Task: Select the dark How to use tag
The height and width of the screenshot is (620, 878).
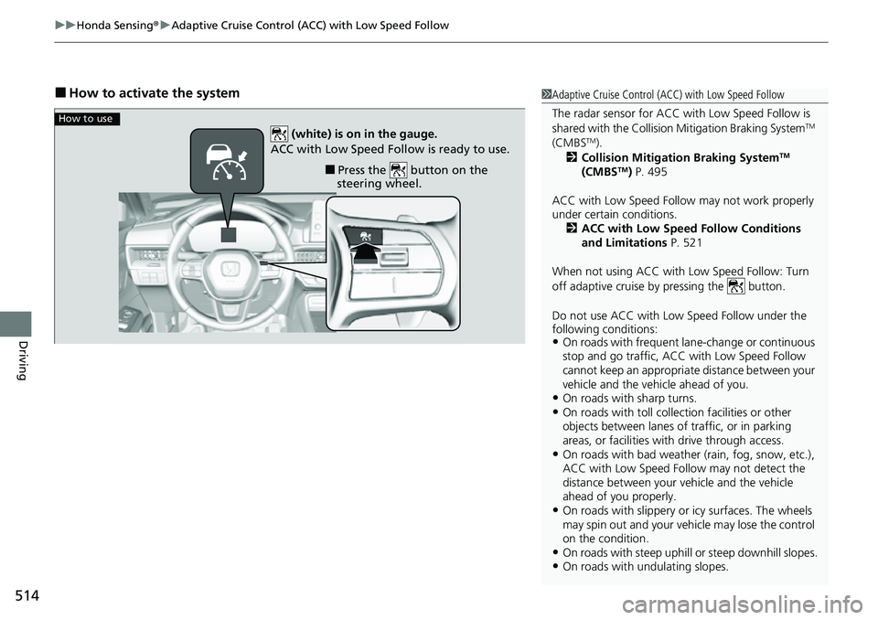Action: pos(86,119)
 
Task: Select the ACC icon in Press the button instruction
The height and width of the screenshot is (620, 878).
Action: pos(397,170)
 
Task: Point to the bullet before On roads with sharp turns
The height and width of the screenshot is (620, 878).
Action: pos(556,399)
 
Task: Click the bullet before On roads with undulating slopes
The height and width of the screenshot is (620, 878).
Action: pos(556,566)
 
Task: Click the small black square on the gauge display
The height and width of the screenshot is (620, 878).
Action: pos(228,234)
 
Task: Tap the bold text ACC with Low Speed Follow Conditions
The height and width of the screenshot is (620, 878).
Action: pos(691,229)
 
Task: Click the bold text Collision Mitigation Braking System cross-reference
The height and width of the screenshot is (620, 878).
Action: pos(681,157)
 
